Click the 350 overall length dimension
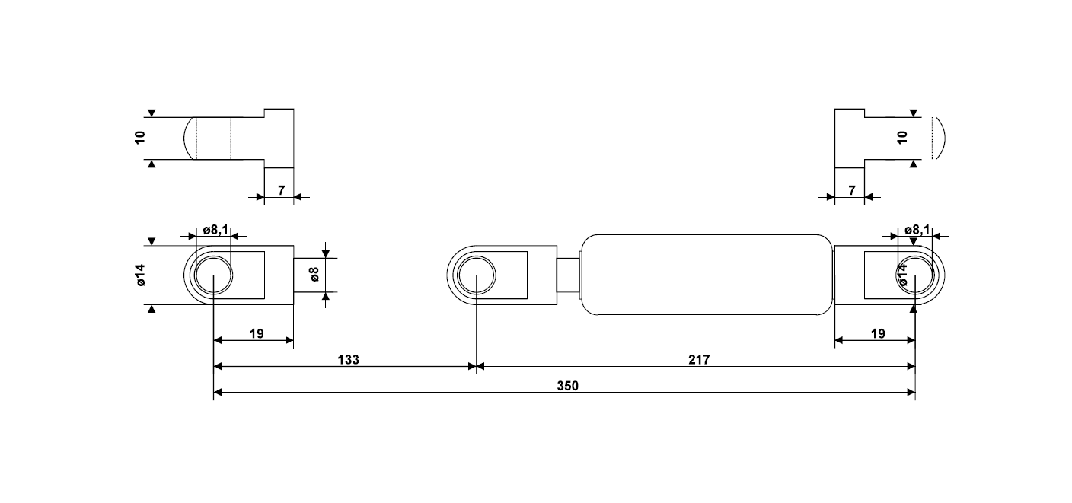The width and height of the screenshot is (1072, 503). pos(567,385)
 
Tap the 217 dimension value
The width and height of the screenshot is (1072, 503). pos(699,359)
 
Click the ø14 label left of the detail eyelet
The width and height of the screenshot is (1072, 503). pos(140,275)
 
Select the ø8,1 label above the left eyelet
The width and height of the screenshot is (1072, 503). pos(215,229)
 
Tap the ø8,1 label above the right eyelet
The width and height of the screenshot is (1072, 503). pos(917,229)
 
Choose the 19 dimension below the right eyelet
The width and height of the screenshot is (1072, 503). pos(877,333)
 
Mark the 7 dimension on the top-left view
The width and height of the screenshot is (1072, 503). pos(280,189)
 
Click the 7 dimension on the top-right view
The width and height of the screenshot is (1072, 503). pos(851,189)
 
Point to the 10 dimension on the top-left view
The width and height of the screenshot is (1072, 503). pos(140,138)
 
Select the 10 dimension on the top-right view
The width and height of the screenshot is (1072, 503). pos(903,138)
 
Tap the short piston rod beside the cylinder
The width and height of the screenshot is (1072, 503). pos(568,275)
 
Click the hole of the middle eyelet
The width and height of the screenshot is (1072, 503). pos(476,275)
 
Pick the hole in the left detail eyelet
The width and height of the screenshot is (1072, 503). pos(214,275)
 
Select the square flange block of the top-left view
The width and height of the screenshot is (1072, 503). pos(279,138)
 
